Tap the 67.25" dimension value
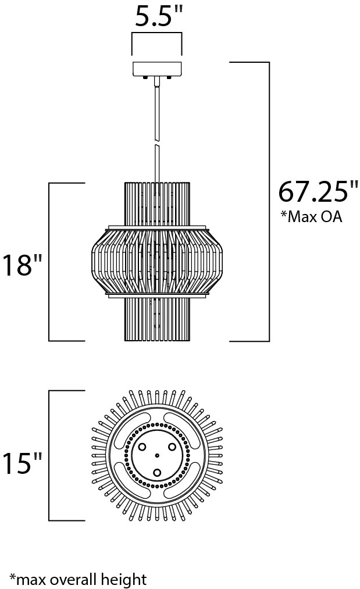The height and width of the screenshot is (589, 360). click(318, 191)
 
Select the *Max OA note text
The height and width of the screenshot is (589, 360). click(312, 217)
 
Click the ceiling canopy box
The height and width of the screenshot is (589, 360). click(157, 69)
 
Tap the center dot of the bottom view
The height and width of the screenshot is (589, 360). click(157, 456)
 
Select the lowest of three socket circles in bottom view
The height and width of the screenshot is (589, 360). click(157, 473)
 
